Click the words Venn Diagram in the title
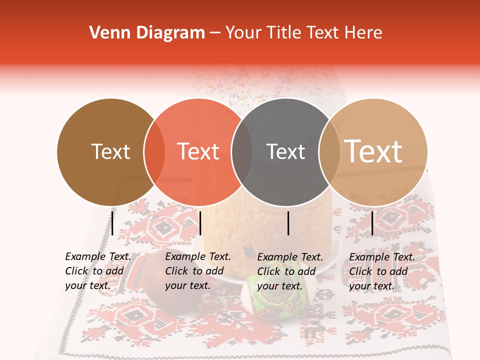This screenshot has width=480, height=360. (147, 33)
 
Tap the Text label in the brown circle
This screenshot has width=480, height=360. (110, 151)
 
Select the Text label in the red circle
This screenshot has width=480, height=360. (198, 151)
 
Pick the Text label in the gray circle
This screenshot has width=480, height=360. (285, 151)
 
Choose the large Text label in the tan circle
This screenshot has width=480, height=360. (373, 151)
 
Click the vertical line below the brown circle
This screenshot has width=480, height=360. (112, 223)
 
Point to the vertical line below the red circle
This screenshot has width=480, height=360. (200, 223)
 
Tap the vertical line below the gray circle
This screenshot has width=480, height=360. (288, 223)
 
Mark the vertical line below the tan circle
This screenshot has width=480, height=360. (372, 223)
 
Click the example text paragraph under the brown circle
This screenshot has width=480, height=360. (98, 271)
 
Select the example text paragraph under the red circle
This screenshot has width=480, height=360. (198, 271)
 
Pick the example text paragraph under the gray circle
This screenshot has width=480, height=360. (290, 271)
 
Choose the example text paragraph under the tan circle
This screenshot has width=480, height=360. (382, 271)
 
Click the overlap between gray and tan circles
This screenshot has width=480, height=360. (328, 152)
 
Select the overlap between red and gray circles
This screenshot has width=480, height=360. (242, 152)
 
